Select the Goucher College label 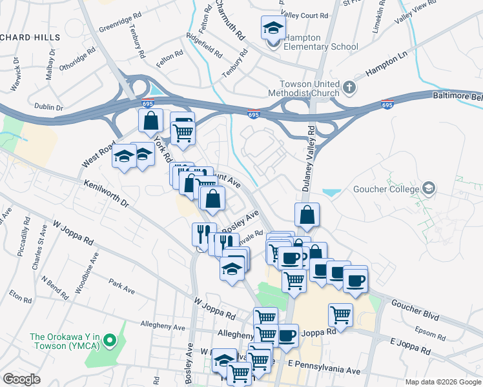pyautogui.click(x=385, y=189)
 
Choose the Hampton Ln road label pyautogui.click(x=387, y=66)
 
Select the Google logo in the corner pyautogui.click(x=21, y=379)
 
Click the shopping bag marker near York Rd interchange pyautogui.click(x=150, y=120)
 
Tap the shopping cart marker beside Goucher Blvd pyautogui.click(x=340, y=315)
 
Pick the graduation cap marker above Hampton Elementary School pyautogui.click(x=272, y=28)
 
